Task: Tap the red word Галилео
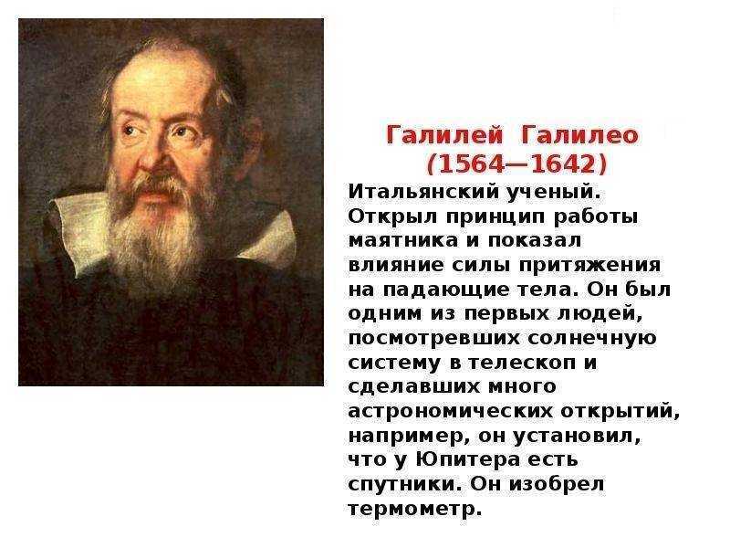tap(580, 135)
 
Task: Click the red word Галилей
tap(444, 135)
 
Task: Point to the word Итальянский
tap(420, 192)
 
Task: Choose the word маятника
tap(403, 240)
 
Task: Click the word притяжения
tap(589, 266)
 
